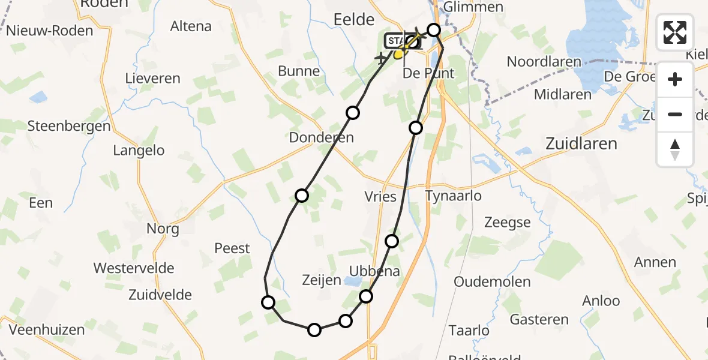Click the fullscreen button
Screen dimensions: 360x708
pos(675,32)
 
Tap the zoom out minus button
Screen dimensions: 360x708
pos(675,114)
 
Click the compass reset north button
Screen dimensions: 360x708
pos(675,149)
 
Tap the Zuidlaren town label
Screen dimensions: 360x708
pos(581,143)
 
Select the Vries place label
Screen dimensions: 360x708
pos(380,196)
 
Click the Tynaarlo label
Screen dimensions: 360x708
pos(453,196)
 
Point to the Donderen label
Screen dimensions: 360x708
pos(322,137)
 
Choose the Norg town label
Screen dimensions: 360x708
pos(163,229)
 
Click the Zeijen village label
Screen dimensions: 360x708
pos(322,280)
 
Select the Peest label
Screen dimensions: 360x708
pos(232,248)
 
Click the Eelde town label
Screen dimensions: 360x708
pos(353,20)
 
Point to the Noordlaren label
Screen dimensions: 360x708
pos(544,61)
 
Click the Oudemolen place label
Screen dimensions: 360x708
pos(492,281)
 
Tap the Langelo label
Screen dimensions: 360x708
pos(139,150)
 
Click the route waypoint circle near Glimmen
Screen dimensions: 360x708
pos(434,29)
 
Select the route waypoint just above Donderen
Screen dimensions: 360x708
pos(353,113)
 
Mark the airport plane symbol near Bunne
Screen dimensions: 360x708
pos(380,59)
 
